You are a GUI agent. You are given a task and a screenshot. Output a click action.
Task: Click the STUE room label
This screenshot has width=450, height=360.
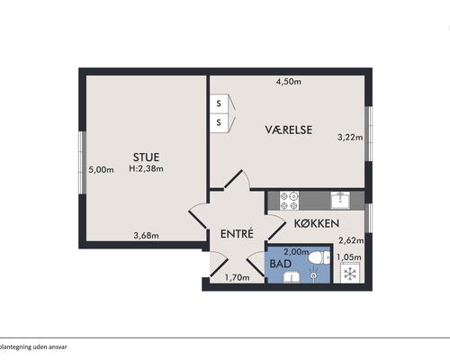click(x=146, y=157)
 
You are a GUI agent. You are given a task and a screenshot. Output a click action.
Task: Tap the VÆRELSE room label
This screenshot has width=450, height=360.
click(x=289, y=130)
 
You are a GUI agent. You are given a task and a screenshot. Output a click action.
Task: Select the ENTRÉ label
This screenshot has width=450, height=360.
click(x=237, y=234)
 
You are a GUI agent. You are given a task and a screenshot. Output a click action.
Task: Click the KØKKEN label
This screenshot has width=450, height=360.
click(x=317, y=223)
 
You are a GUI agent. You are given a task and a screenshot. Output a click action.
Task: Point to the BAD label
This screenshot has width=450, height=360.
click(x=281, y=264)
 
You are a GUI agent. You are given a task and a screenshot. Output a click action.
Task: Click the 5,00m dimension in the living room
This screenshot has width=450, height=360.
click(x=101, y=170)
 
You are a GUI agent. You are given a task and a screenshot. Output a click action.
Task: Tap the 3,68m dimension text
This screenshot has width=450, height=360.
click(x=146, y=236)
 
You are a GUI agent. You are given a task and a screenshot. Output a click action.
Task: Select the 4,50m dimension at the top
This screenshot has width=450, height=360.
click(x=288, y=82)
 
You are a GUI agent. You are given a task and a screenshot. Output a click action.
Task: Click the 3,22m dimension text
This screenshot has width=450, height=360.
click(x=350, y=138)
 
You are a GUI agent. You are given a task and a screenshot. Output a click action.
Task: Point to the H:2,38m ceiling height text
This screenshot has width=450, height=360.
click(x=146, y=168)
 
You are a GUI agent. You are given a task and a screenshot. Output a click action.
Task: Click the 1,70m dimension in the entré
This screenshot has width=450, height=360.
click(x=237, y=278)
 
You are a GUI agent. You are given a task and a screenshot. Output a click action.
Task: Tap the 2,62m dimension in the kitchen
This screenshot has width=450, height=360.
click(x=351, y=240)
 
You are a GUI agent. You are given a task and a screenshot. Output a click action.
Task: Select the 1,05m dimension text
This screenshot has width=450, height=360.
click(x=349, y=257)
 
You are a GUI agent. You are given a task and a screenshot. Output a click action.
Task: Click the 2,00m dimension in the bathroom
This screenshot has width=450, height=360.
click(x=296, y=252)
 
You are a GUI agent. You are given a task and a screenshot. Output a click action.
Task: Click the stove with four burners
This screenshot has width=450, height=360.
click(x=289, y=201)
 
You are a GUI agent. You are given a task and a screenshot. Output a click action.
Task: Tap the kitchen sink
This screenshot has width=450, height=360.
click(x=340, y=201)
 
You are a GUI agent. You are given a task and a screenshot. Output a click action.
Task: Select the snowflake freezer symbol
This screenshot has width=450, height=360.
click(x=350, y=274)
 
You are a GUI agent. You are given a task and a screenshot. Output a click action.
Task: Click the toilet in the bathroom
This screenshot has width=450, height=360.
click(x=319, y=258)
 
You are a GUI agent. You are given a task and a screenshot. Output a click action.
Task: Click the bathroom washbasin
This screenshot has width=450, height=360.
click(x=292, y=277)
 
